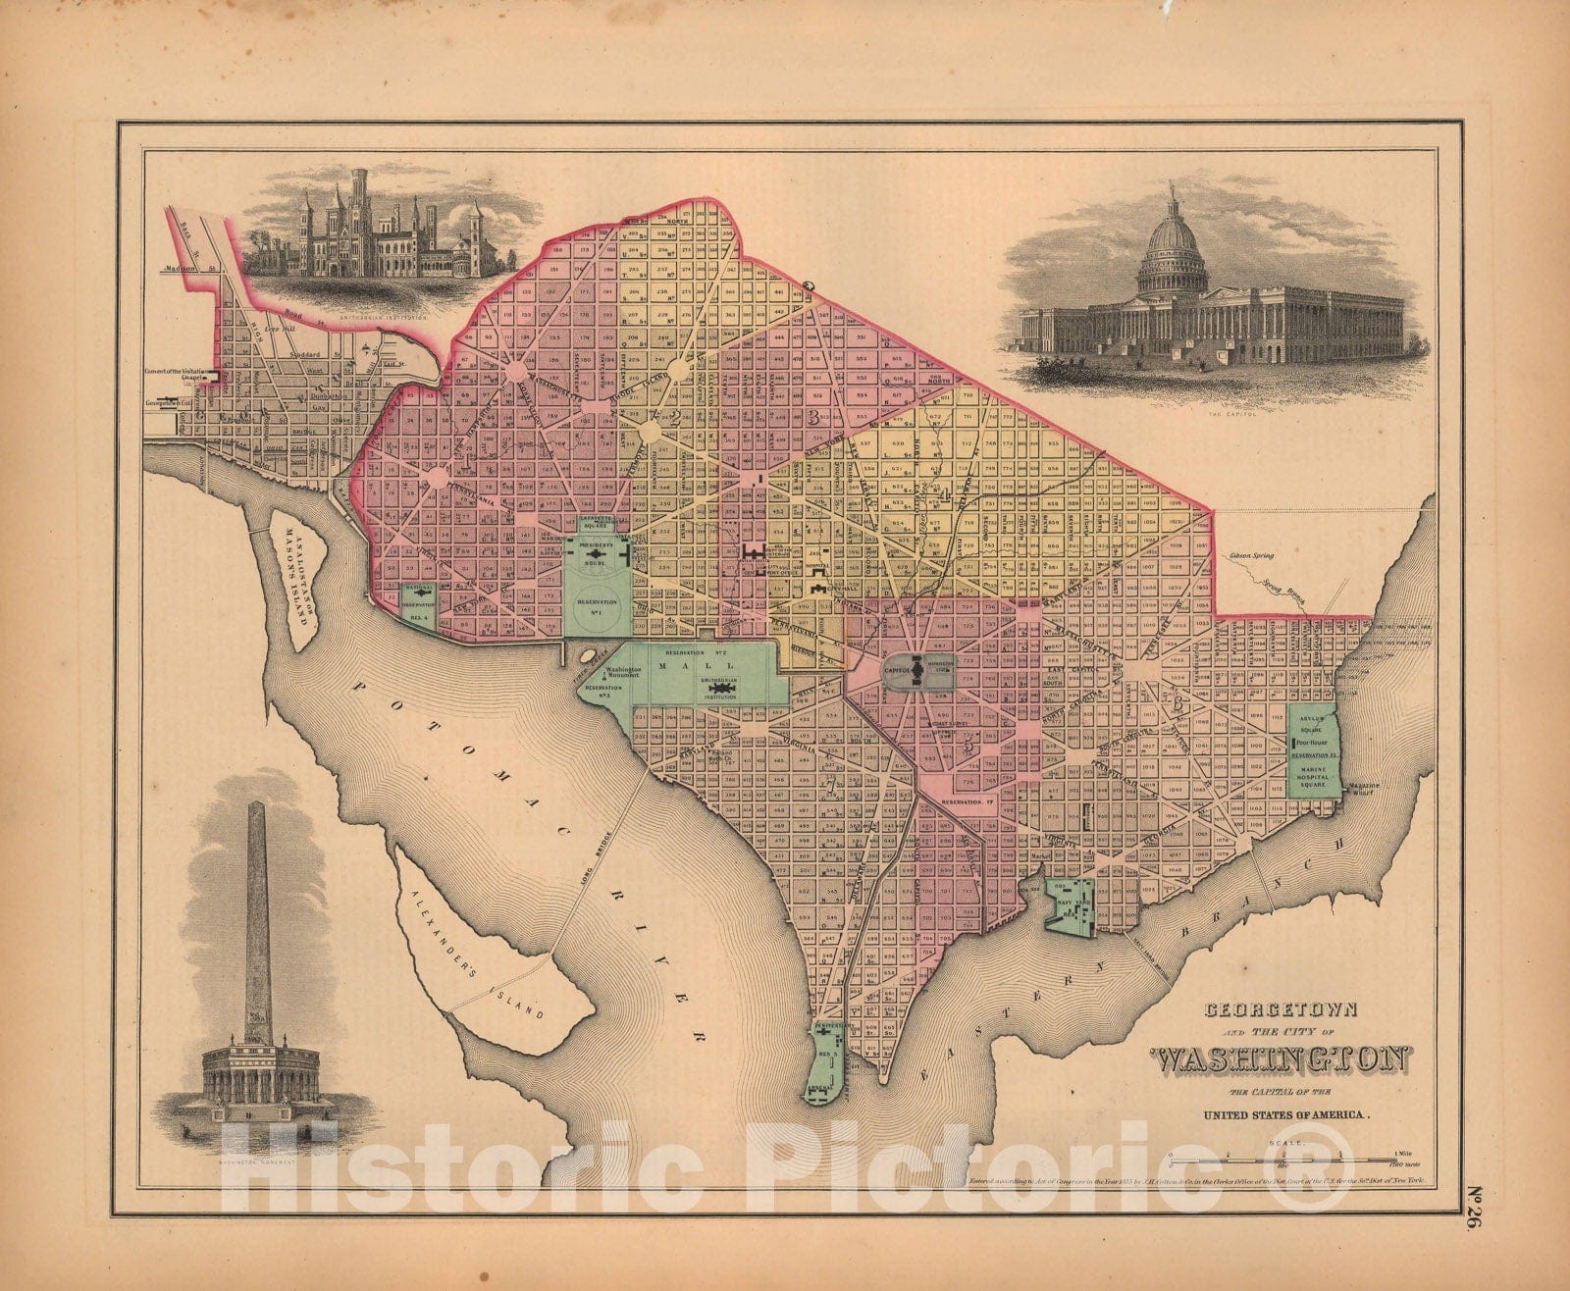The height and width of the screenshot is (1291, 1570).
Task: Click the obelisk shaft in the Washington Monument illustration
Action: tap(257, 912)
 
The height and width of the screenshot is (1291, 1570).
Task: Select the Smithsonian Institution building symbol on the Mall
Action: tap(725, 691)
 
